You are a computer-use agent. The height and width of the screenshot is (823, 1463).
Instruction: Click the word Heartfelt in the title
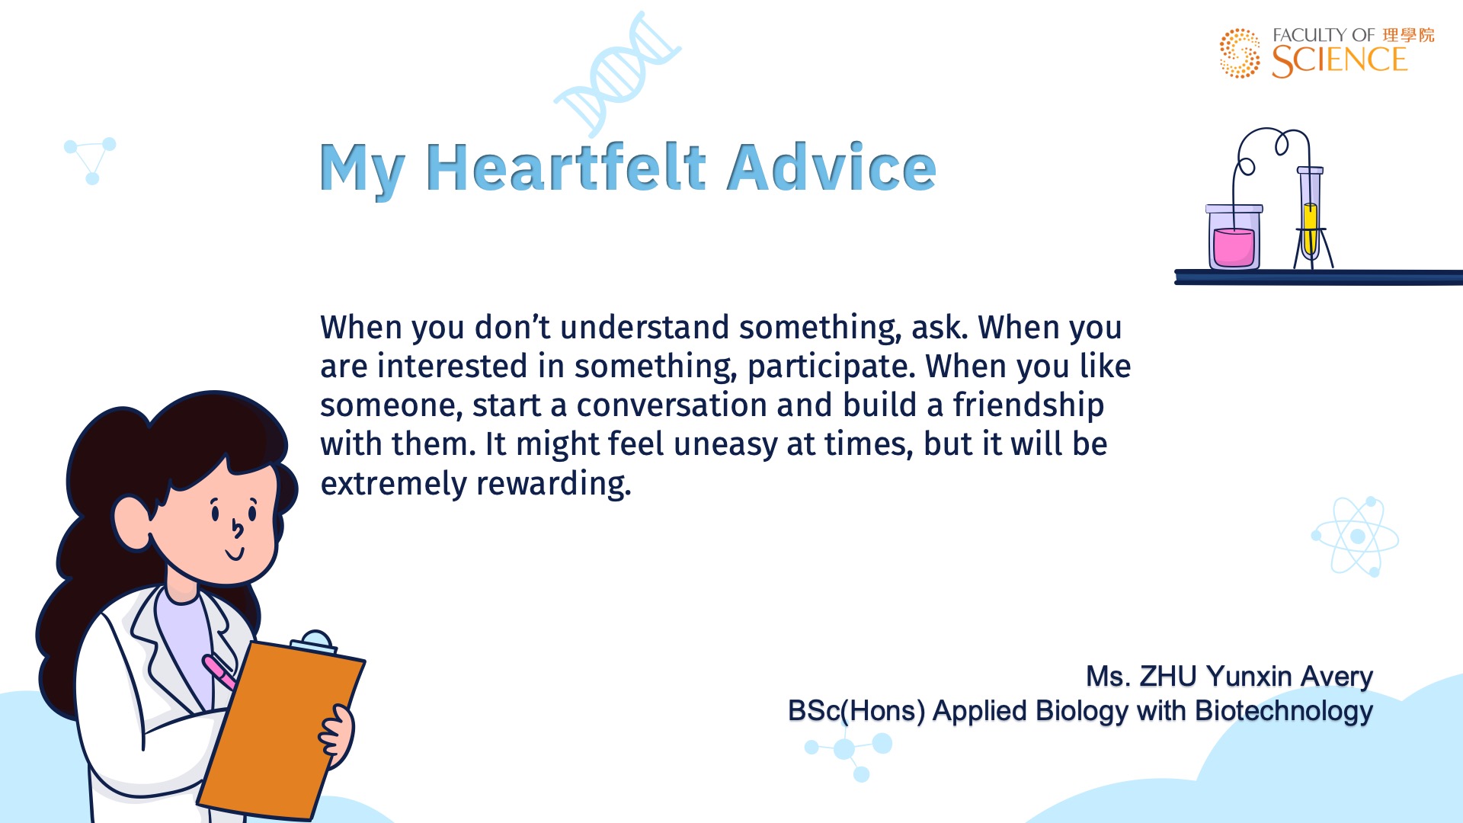coord(566,167)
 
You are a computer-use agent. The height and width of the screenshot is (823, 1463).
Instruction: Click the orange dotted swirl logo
coord(1240,53)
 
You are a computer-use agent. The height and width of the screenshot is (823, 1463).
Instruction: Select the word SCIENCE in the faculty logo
coord(1339,61)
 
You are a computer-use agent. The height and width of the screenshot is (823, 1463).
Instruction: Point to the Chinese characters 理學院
coord(1408,35)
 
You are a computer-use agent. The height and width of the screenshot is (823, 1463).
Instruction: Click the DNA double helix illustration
coord(617,73)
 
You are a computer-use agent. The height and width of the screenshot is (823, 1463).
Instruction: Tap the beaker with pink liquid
coord(1234,236)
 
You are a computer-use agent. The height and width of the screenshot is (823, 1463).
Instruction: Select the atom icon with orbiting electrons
coord(1357,536)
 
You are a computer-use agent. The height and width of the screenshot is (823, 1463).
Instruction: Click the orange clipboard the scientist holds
coord(280,730)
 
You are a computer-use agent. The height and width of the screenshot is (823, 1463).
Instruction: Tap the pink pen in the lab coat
coord(219,671)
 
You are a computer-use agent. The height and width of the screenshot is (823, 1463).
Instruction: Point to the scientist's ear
coord(133,522)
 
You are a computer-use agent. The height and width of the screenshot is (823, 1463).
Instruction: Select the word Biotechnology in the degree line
coord(1284,711)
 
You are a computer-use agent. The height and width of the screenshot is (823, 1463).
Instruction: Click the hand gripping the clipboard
coord(337,733)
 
